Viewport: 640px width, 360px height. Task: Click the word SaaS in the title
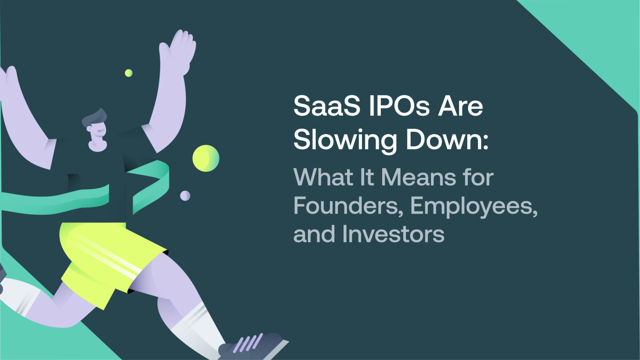tap(327, 105)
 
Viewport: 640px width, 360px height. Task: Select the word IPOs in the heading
tap(399, 105)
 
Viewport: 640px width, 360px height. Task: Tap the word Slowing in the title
tap(345, 141)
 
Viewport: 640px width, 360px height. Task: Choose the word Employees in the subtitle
tap(474, 207)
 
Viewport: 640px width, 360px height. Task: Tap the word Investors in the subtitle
tap(393, 234)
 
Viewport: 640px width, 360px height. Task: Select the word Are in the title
tap(460, 105)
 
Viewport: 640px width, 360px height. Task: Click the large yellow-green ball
tap(206, 158)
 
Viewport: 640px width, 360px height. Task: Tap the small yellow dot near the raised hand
tap(129, 73)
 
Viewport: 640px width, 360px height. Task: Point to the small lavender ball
tap(185, 196)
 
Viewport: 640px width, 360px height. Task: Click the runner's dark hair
tap(94, 118)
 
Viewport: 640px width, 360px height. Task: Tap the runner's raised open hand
tap(178, 51)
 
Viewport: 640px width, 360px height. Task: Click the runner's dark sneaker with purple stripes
tap(252, 346)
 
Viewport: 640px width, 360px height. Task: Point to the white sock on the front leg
tap(197, 329)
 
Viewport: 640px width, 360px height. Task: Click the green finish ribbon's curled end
tap(152, 183)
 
